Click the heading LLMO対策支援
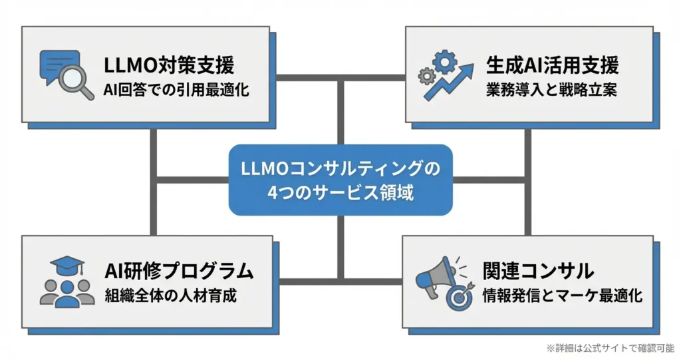coord(169,65)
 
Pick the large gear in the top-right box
coord(444,63)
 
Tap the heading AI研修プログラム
coord(179,271)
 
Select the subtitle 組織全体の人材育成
coord(170,295)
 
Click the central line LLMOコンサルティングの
coord(340,169)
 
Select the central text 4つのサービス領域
coord(340,193)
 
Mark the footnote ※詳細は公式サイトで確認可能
coord(610,347)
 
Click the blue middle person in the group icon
coord(67,295)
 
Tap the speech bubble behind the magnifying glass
coord(55,67)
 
